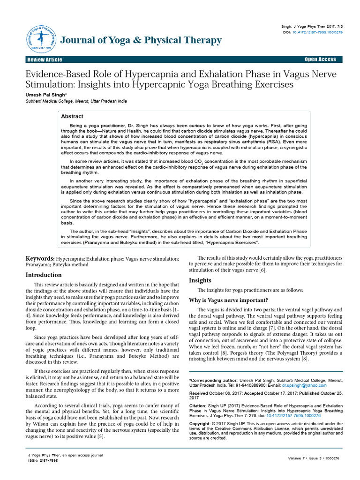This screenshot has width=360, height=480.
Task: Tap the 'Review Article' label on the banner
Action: click(x=45, y=60)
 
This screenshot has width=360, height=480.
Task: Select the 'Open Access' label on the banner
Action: click(x=320, y=60)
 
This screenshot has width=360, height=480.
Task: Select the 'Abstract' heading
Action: click(x=72, y=116)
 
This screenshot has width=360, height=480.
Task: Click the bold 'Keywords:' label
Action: click(x=40, y=258)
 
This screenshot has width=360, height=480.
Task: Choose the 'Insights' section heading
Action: click(x=200, y=280)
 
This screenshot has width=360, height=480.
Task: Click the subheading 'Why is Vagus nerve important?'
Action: click(x=228, y=300)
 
